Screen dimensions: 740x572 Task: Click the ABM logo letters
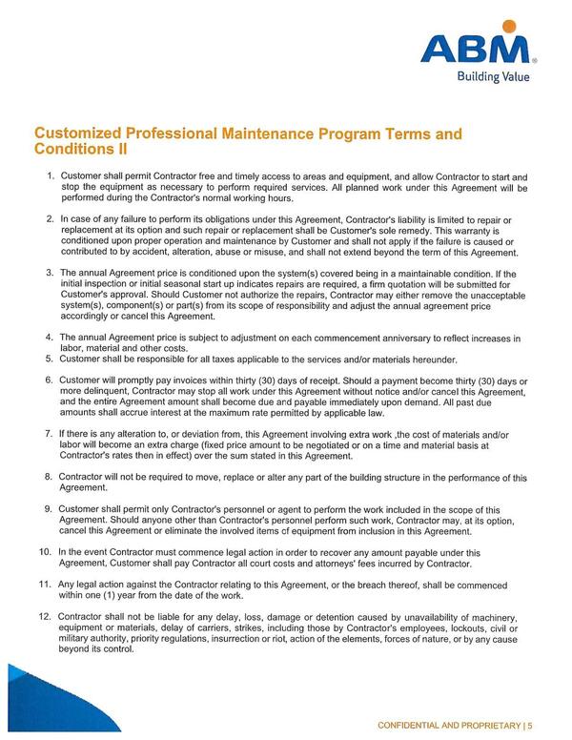pos(489,51)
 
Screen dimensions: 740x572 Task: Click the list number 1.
pos(49,177)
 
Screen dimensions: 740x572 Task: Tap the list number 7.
pos(49,434)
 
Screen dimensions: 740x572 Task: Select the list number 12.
pos(45,616)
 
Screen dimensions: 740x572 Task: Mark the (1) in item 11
pos(104,594)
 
